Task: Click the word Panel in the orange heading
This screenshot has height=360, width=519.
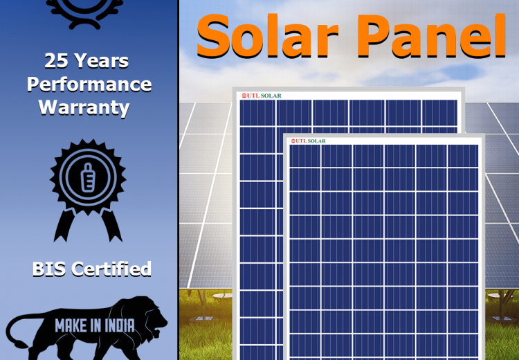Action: pos(431,36)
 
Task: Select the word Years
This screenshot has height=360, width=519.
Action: pos(101,61)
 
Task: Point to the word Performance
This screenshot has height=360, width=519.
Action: pos(89,84)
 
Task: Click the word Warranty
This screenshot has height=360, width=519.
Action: pos(84,107)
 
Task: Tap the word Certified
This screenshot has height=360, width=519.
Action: pos(111,269)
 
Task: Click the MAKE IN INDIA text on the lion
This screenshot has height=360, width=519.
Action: pos(95,325)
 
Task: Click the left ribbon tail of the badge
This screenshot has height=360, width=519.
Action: pos(65,225)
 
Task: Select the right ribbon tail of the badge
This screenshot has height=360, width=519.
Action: pos(111,225)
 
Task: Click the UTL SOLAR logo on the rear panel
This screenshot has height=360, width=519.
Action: pos(262,96)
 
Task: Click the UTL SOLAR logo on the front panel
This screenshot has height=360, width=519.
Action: pos(309,141)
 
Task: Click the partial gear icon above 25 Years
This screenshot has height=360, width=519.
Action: pos(84,12)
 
